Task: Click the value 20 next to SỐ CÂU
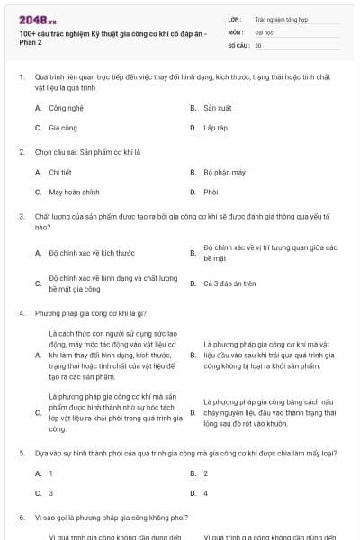pyautogui.click(x=258, y=44)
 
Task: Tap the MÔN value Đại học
pyautogui.click(x=264, y=31)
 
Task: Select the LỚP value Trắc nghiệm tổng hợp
pyautogui.click(x=280, y=18)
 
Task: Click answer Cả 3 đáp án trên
pyautogui.click(x=229, y=283)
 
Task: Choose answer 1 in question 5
pyautogui.click(x=51, y=472)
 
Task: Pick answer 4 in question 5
pyautogui.click(x=206, y=493)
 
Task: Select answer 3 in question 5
pyautogui.click(x=51, y=493)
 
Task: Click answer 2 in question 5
pyautogui.click(x=206, y=472)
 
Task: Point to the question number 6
pyautogui.click(x=21, y=518)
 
